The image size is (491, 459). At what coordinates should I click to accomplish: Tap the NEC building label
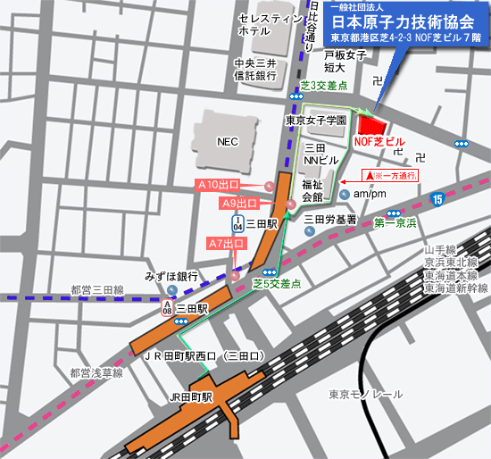[229, 141]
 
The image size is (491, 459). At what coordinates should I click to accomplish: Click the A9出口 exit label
[240, 204]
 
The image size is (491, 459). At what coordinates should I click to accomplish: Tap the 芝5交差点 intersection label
[277, 284]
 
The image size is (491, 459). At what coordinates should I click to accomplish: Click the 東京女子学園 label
[314, 120]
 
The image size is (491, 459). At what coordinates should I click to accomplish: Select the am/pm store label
[369, 194]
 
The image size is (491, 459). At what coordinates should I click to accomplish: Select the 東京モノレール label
[366, 394]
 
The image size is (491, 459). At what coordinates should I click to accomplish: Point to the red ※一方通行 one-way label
[393, 175]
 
